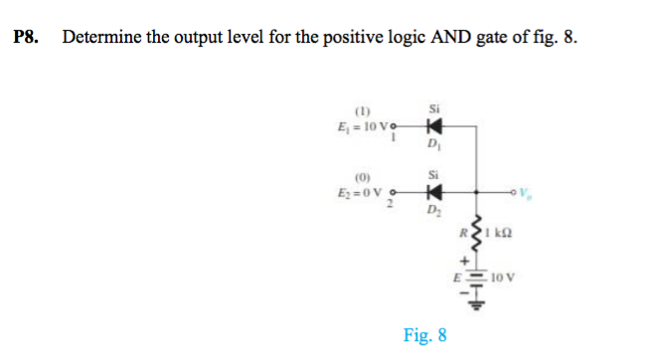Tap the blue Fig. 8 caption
424,335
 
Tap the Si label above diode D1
433,107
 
